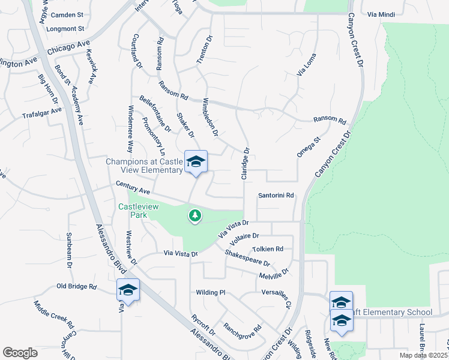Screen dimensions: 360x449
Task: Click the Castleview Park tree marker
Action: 194,215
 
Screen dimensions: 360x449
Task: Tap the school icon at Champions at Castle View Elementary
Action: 196,162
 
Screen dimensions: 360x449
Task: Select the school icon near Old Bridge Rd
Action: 128,290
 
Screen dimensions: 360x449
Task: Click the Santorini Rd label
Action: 276,196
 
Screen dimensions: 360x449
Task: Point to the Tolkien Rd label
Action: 268,248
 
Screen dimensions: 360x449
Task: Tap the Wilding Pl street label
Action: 210,292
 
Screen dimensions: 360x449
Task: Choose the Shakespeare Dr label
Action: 248,259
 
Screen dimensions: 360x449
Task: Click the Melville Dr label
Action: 274,274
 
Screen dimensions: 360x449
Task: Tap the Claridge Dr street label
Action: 246,163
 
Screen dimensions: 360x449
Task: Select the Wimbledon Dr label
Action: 210,116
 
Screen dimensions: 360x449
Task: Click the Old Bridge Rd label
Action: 77,287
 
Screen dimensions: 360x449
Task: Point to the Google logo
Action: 20,352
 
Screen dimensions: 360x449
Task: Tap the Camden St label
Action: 67,14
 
